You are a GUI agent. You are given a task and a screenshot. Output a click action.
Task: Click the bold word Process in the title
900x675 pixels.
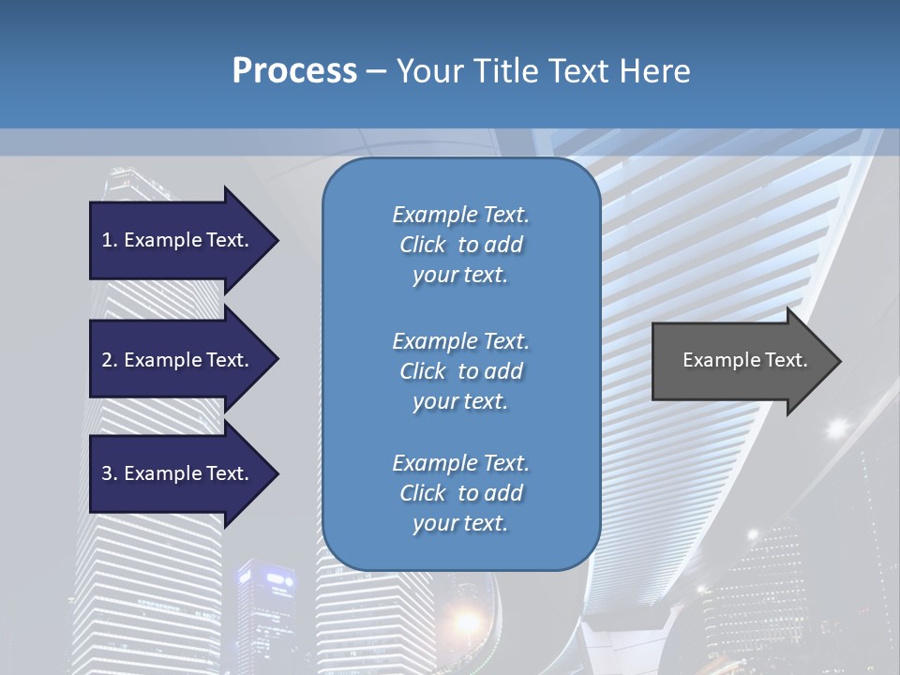point(294,71)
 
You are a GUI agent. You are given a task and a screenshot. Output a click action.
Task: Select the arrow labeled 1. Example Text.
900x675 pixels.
point(178,240)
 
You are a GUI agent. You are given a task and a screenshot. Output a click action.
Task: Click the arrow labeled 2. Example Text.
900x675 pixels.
point(178,360)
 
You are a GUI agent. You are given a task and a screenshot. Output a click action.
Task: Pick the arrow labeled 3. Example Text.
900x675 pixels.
point(178,473)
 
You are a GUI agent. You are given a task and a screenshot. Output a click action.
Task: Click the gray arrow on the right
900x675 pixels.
point(741,361)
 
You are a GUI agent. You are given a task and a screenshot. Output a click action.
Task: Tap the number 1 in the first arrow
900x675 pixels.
point(108,240)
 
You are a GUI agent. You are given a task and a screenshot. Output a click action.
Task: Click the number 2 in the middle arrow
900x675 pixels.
point(108,360)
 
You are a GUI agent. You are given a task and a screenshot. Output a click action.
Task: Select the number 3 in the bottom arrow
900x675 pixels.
point(108,473)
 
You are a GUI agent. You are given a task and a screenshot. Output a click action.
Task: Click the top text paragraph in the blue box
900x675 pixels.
point(460,245)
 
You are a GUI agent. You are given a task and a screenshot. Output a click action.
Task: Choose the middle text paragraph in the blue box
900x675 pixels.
point(460,371)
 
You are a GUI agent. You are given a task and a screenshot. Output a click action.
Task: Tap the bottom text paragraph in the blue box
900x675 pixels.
point(460,493)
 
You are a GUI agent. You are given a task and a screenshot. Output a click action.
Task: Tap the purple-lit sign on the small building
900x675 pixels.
point(278,580)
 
